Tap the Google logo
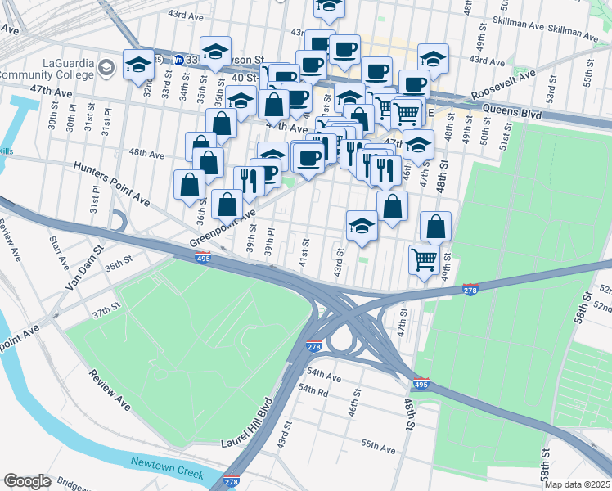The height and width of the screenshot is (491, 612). coord(27,481)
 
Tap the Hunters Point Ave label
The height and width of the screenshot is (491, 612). coord(111,182)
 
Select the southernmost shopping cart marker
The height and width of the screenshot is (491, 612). coord(423,260)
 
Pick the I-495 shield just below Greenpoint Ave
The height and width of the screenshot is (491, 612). coord(204,259)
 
